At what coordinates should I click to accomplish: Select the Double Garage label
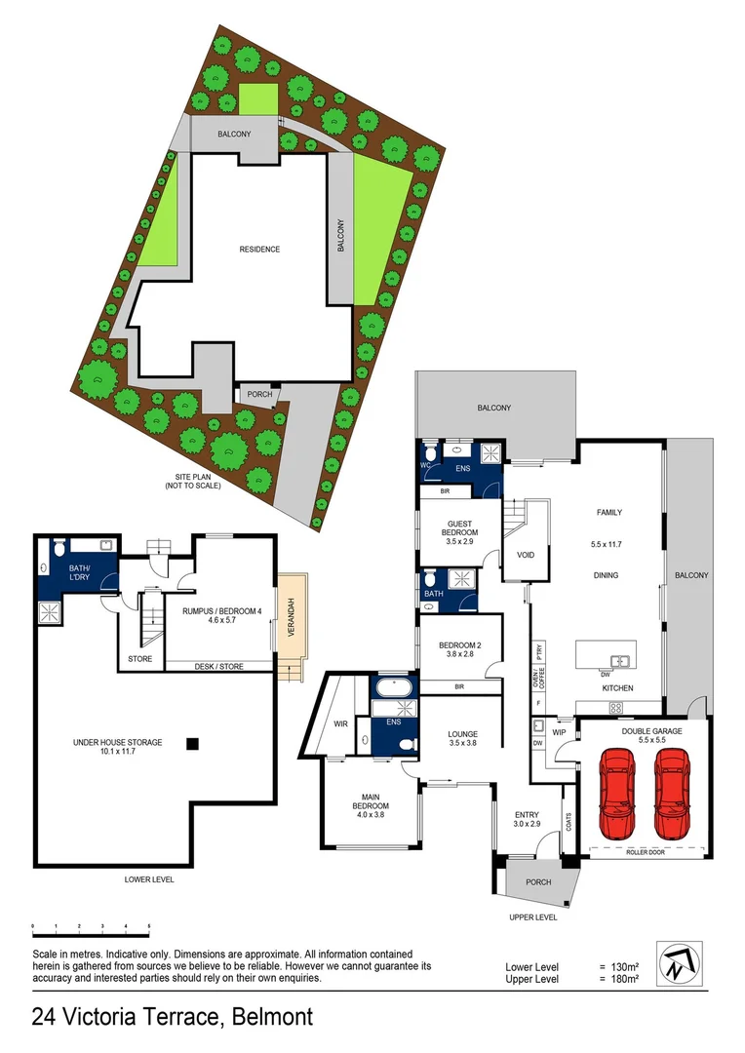tap(650, 730)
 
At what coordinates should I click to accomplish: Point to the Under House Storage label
tap(117, 743)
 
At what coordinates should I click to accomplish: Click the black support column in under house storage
tap(192, 744)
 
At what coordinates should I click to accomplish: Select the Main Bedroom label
tap(371, 806)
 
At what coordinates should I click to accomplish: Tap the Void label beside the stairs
tap(526, 555)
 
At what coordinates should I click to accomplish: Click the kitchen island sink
tap(616, 660)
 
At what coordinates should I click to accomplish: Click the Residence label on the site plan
tap(259, 250)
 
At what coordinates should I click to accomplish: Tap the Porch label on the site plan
tap(260, 395)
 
